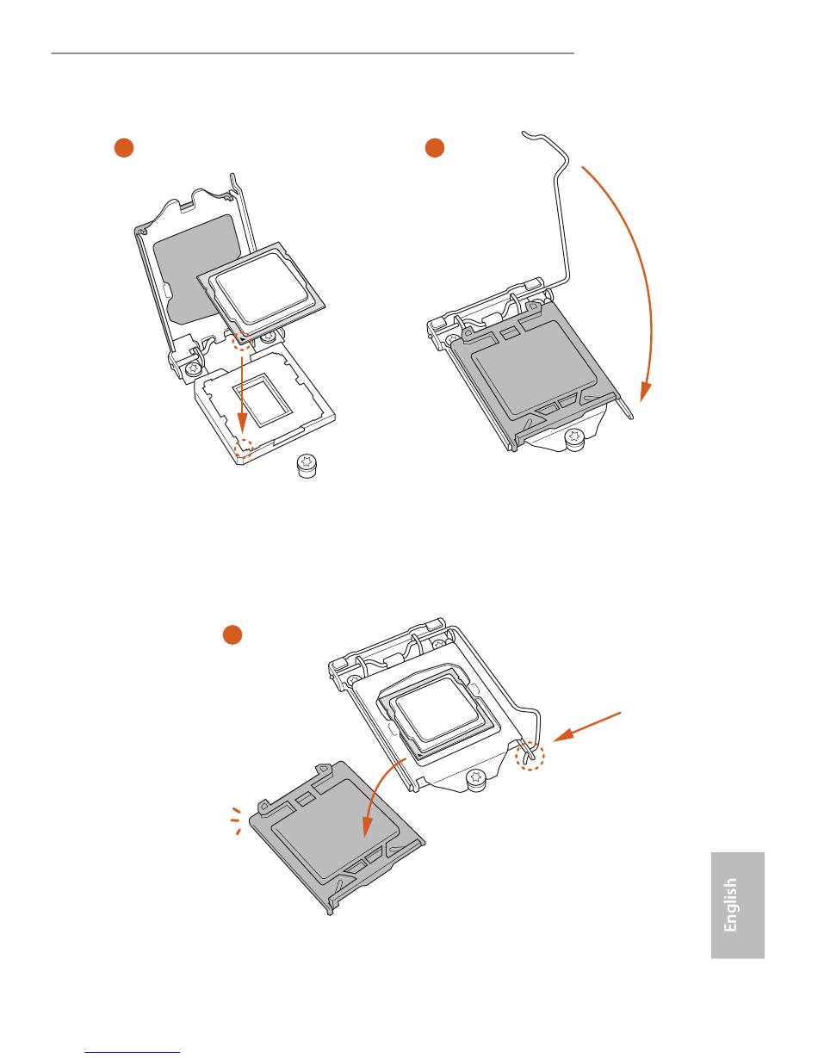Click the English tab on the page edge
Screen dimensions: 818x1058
738,905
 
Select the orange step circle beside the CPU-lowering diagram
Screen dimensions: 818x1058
124,148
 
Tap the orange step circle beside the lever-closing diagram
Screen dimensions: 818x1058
435,148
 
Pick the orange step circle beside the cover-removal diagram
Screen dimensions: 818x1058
232,634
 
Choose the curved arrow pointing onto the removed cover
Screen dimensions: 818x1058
379,793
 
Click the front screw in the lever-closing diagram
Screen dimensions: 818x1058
573,439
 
